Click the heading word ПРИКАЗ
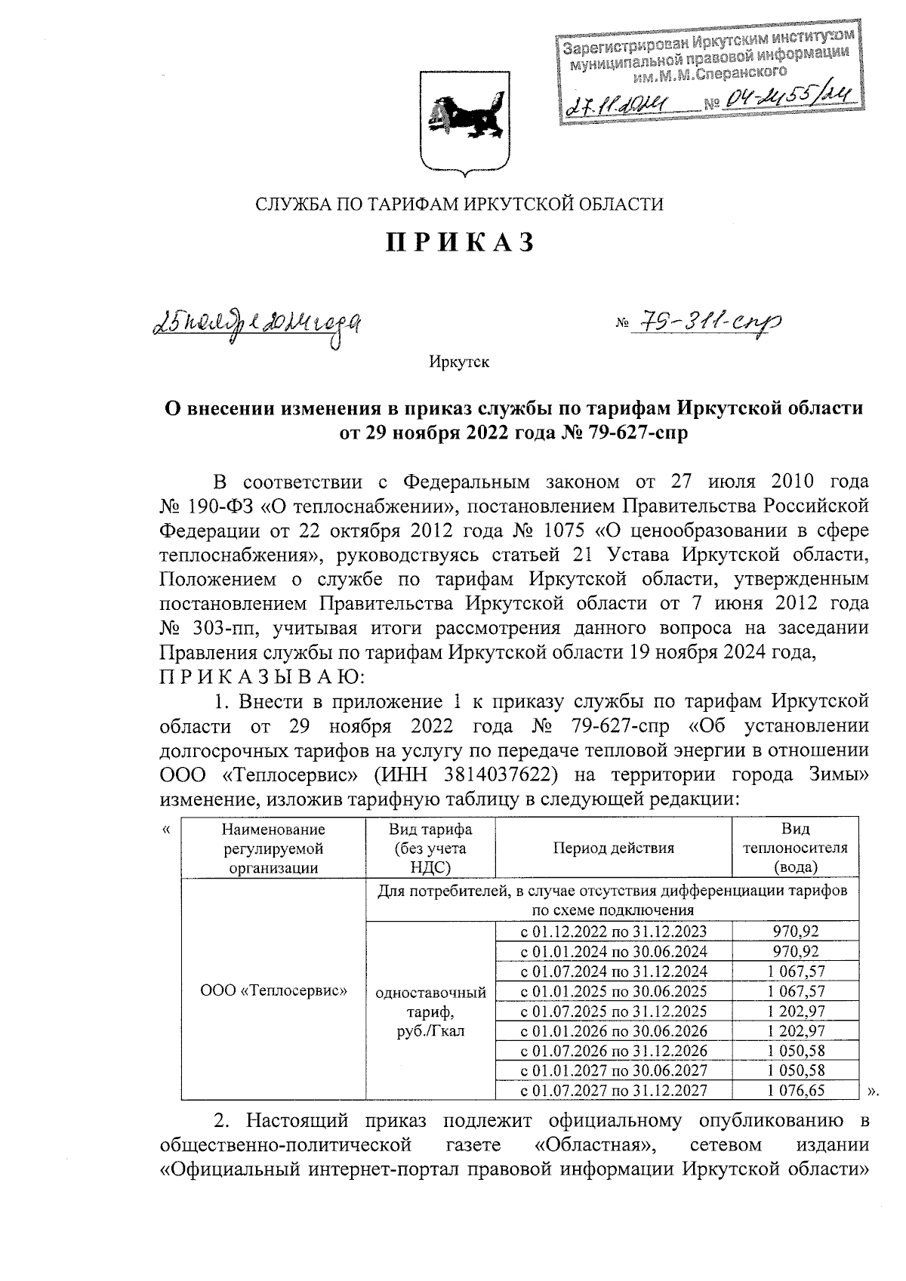(461, 243)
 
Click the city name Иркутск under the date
(459, 363)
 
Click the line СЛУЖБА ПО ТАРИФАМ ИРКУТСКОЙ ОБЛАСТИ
(459, 204)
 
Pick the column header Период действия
(613, 848)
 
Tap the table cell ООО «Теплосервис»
(273, 990)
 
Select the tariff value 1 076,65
(795, 1090)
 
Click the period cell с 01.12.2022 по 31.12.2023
(613, 931)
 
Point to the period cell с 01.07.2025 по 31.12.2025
(613, 1011)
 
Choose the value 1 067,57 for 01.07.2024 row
(795, 971)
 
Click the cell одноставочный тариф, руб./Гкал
(430, 1011)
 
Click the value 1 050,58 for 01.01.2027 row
(795, 1070)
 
